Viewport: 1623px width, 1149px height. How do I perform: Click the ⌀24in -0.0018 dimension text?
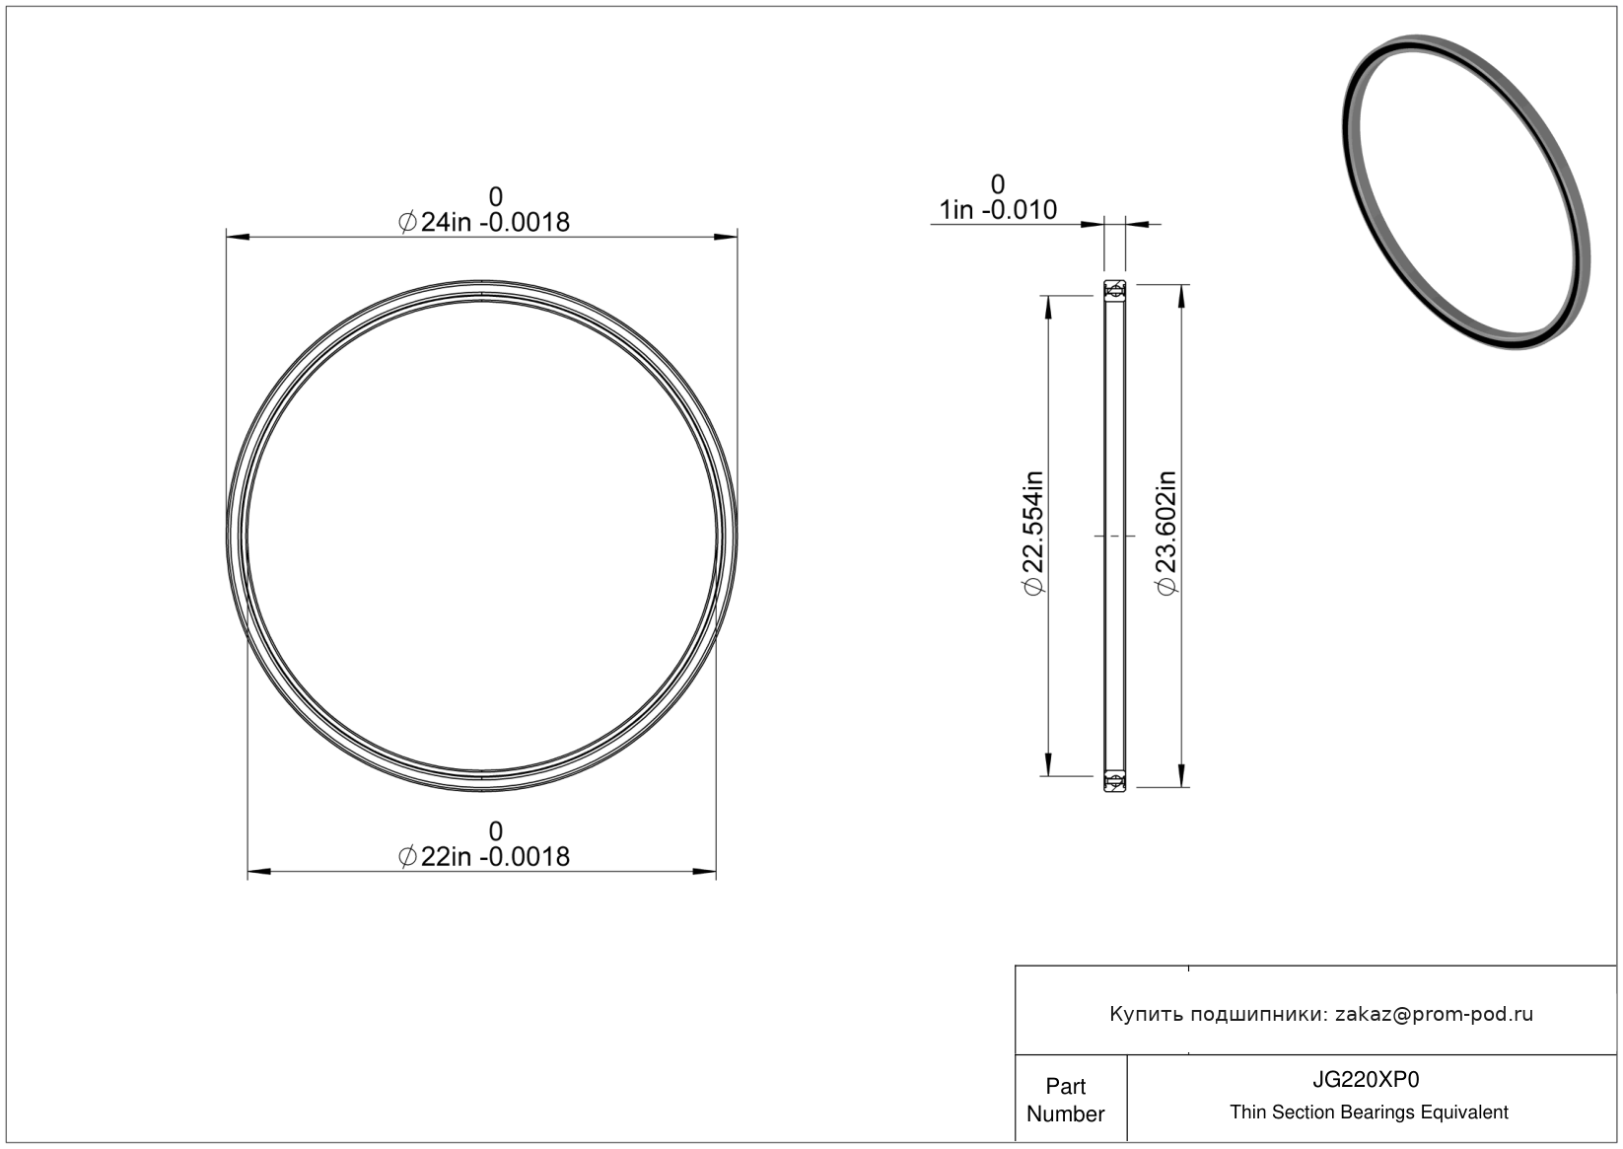484,222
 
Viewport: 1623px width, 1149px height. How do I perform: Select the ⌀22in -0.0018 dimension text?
484,857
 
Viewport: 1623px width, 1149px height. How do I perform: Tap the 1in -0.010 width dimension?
998,210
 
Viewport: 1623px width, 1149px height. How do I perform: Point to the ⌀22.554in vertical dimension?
1032,533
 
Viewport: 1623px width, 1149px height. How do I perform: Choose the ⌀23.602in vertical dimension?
1165,533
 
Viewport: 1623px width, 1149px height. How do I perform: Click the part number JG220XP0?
1366,1080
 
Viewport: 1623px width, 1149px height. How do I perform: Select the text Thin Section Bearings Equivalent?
1369,1113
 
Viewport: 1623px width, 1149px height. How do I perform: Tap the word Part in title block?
1065,1086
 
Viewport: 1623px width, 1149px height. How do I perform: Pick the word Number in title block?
1065,1113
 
